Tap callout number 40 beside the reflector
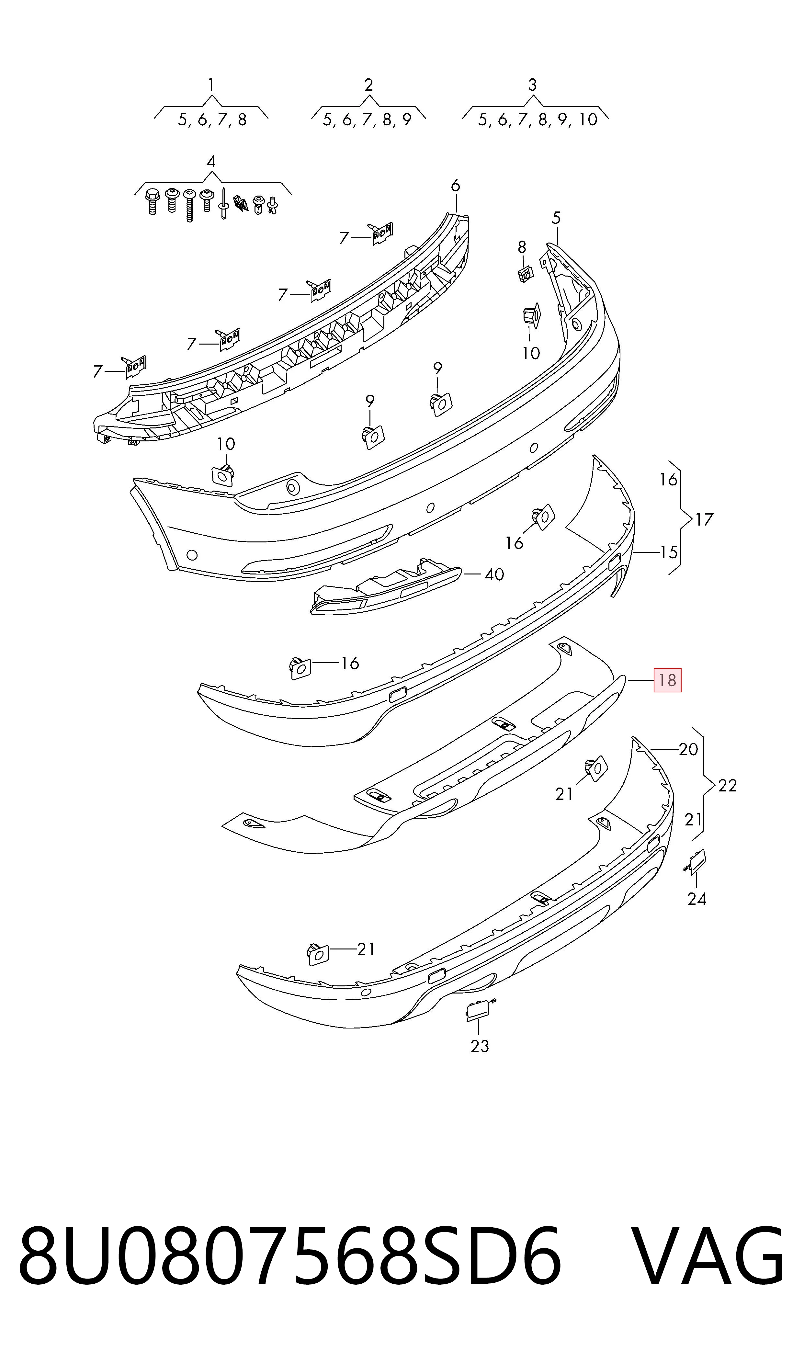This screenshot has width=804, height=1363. pyautogui.click(x=494, y=574)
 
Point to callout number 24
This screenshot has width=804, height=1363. pyautogui.click(x=697, y=899)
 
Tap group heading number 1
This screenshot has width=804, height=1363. pyautogui.click(x=211, y=85)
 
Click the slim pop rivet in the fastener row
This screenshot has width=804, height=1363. pyautogui.click(x=223, y=203)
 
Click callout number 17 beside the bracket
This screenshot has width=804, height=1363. pyautogui.click(x=704, y=520)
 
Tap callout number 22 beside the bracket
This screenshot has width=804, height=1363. pyautogui.click(x=727, y=786)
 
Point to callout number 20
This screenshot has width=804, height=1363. pyautogui.click(x=688, y=749)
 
